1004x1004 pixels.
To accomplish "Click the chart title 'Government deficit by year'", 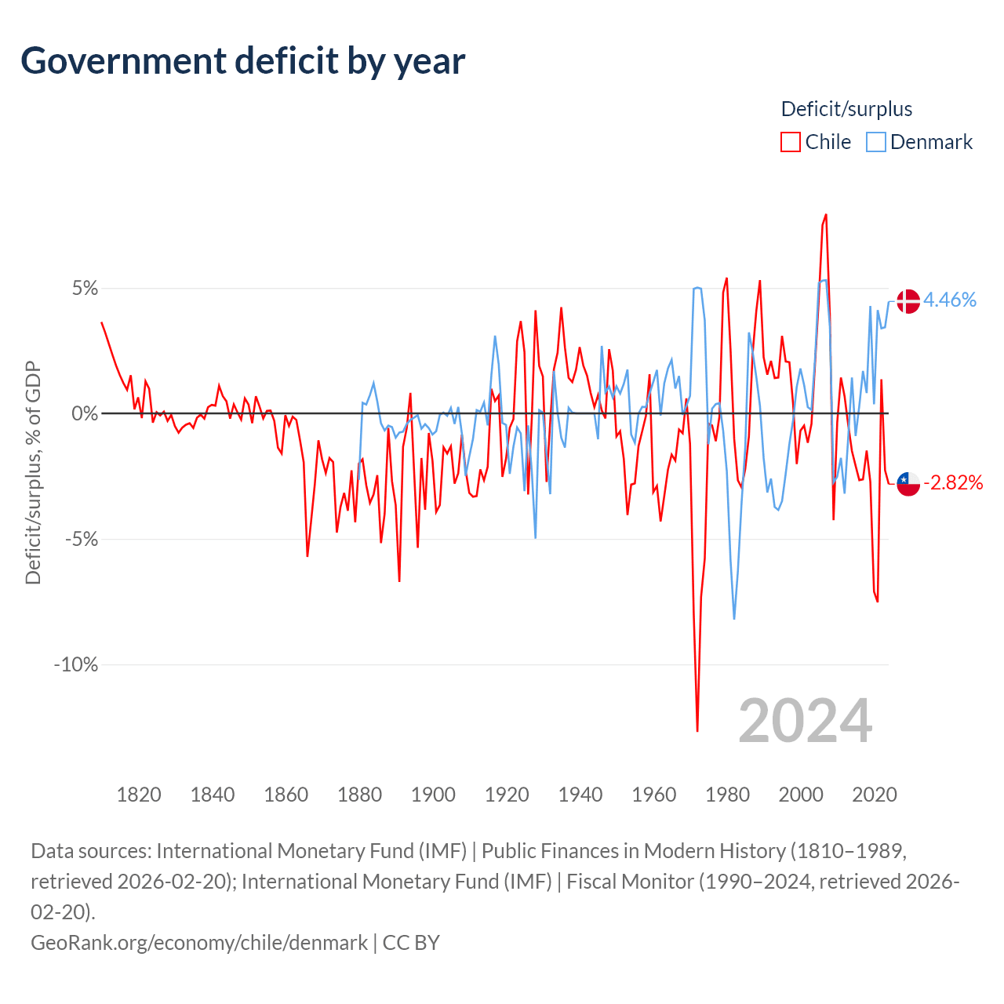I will point(243,61).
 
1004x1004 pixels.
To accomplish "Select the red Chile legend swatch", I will point(790,142).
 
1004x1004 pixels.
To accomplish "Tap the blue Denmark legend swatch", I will point(875,142).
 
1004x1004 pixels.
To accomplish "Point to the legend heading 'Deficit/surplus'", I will point(846,109).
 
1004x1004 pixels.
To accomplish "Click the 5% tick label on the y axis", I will point(85,288).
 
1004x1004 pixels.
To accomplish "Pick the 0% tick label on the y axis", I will point(85,413).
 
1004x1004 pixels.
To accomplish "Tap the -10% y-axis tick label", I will point(76,664).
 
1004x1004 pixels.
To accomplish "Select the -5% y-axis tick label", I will point(81,539).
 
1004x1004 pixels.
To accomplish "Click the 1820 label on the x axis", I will point(139,795).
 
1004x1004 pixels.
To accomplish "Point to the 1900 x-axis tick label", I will point(433,795).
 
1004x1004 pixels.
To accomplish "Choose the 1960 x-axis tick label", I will point(653,795).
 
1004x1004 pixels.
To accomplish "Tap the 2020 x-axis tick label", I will point(874,795).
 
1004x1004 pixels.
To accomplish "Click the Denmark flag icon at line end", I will point(908,301).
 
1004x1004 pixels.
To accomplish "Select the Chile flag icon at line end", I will point(908,483).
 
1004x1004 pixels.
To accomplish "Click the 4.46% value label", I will point(950,300).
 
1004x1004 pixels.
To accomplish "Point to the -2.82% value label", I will point(953,482).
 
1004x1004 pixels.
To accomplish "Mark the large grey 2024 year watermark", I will point(805,721).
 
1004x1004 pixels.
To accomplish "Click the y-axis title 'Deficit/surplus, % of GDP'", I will point(33,472).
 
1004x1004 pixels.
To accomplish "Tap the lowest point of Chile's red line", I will point(697,731).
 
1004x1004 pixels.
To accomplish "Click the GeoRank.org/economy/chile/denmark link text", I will point(199,942).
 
